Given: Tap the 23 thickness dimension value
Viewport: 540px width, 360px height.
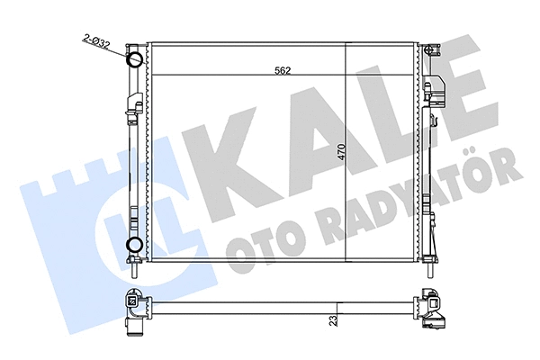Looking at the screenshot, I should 333,318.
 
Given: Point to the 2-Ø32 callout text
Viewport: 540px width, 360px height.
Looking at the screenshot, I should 96,40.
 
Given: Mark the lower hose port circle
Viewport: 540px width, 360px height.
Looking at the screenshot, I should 133,245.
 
